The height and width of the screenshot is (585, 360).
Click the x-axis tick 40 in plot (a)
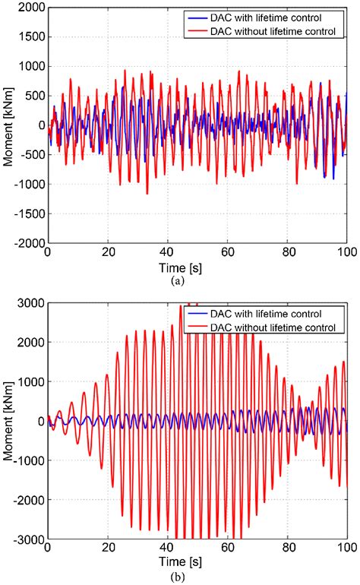click(167, 251)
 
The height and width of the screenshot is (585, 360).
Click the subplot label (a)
click(197, 277)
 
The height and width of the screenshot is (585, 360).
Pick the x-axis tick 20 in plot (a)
click(107, 251)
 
